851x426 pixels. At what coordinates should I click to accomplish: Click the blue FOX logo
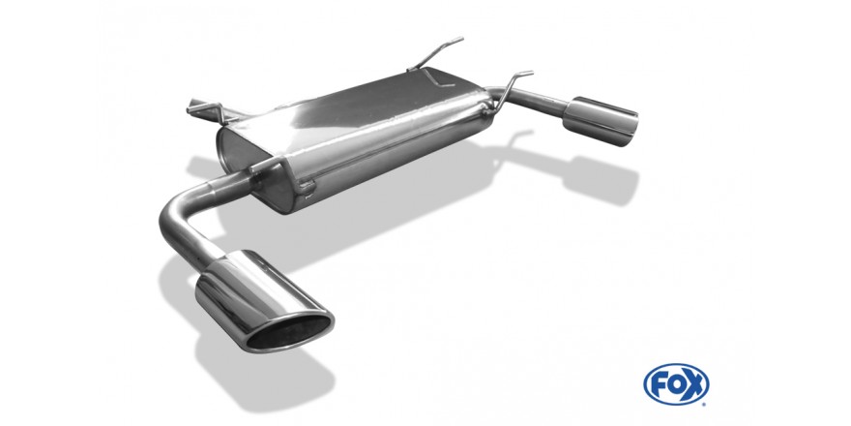pos(676,384)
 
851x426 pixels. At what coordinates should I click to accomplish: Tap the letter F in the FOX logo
pos(659,384)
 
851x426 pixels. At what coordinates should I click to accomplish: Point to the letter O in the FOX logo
pos(676,384)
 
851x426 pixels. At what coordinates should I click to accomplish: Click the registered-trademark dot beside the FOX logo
pos(705,404)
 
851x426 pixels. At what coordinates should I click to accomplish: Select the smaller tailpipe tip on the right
pos(600,121)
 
